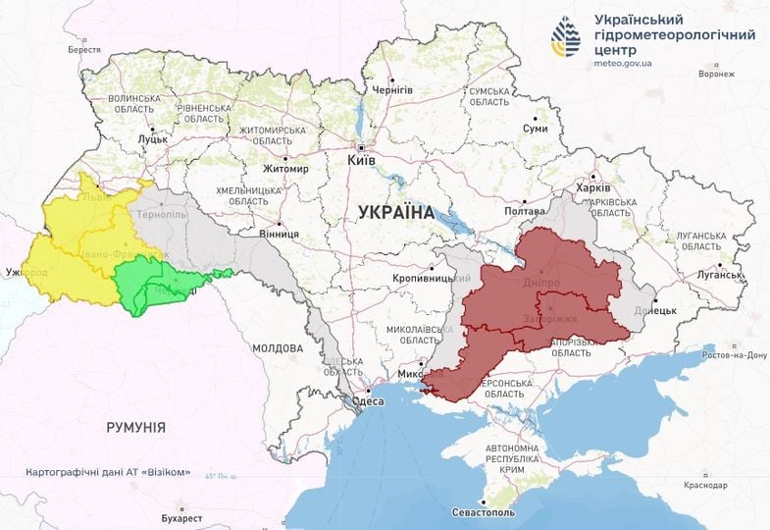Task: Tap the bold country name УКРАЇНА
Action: coord(396,212)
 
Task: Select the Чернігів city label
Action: coord(391,89)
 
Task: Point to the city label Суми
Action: coord(535,129)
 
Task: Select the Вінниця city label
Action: coord(280,234)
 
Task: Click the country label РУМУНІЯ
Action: coord(135,427)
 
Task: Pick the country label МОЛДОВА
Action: coord(278,348)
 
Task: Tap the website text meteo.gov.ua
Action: coord(629,63)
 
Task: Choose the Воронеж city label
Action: coord(716,74)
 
